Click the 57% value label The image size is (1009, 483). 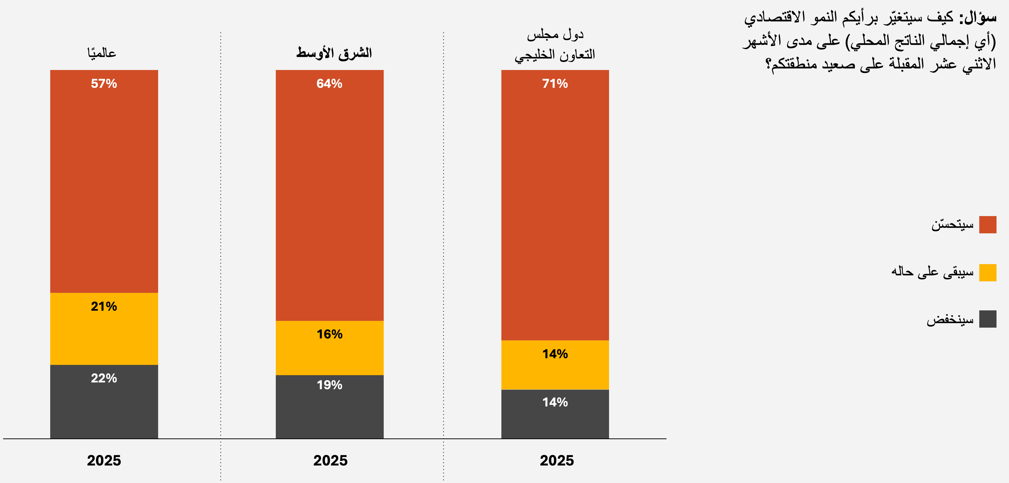click(x=104, y=84)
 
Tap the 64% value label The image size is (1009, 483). click(x=330, y=84)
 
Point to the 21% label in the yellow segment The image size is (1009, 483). click(x=104, y=306)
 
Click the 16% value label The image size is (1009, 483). click(x=330, y=334)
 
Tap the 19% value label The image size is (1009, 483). click(x=330, y=385)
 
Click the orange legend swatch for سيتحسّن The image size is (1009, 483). click(x=988, y=225)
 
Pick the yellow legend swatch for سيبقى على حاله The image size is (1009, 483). click(x=988, y=272)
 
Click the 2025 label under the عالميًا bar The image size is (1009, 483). click(x=104, y=460)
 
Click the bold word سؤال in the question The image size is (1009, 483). click(x=978, y=18)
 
